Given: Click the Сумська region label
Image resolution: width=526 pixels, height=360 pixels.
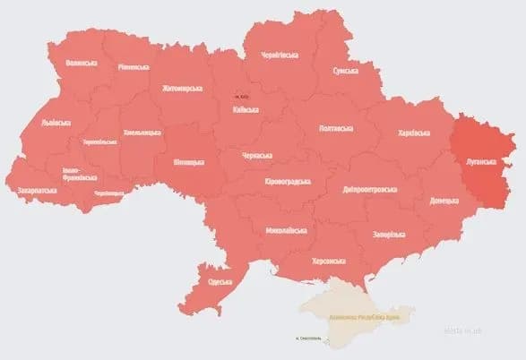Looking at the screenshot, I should [x=345, y=70].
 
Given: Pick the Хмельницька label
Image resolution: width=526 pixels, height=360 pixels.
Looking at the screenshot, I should [x=141, y=133].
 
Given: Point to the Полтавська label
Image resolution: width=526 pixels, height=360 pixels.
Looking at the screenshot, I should [x=335, y=128].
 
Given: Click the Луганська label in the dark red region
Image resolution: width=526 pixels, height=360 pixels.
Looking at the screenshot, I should [x=480, y=162].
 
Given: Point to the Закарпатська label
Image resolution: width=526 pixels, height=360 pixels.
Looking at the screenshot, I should [x=38, y=191].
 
